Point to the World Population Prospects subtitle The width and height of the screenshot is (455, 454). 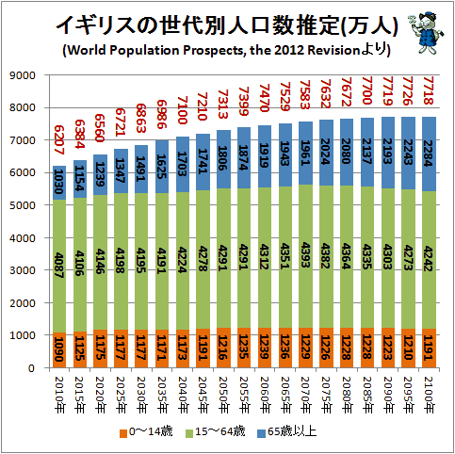tap(226, 50)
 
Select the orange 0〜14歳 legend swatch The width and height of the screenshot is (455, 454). tap(123, 433)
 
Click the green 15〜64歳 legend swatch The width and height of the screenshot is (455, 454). tap(189, 433)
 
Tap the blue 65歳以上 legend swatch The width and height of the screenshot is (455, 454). tap(261, 433)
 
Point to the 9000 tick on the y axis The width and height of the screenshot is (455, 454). tap(23, 75)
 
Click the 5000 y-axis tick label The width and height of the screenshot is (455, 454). tap(23, 205)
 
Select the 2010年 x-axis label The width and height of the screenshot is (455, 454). tap(59, 395)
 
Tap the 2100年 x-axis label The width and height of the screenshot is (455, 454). tap(429, 395)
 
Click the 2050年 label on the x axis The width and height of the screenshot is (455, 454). tap(223, 395)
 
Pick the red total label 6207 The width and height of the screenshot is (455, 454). tap(59, 140)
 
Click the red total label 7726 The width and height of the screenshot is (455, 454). tap(408, 90)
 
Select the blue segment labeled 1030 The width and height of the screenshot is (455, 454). tap(59, 183)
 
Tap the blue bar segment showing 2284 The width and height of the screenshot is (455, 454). tap(429, 154)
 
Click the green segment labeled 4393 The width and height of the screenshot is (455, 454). tap(305, 256)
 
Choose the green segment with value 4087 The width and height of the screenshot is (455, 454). tap(59, 266)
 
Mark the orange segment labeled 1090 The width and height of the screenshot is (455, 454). tap(59, 349)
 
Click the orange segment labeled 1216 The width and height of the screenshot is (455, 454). tap(223, 348)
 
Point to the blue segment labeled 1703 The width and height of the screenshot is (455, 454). tap(183, 165)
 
